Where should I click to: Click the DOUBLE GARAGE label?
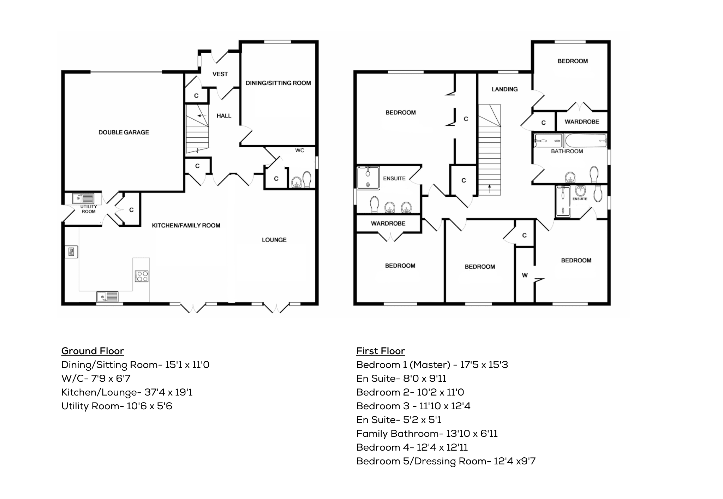124,132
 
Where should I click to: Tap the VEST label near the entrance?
220,74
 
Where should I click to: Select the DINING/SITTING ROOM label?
278,83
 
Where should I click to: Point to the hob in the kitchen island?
142,276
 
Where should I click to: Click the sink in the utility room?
83,198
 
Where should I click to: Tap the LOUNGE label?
274,240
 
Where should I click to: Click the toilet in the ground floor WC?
307,179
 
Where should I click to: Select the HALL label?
224,116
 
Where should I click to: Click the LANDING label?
504,89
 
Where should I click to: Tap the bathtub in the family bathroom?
586,141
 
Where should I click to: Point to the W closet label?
525,275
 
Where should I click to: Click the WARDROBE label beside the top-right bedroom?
582,122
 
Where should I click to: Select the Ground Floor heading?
93,351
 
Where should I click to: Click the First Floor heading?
381,351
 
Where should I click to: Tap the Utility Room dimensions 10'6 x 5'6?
149,406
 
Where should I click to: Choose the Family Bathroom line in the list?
427,434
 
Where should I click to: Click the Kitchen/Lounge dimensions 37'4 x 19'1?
168,392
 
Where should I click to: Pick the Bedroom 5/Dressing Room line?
446,461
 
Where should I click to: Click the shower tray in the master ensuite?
368,178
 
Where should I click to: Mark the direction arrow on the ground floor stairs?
201,116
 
